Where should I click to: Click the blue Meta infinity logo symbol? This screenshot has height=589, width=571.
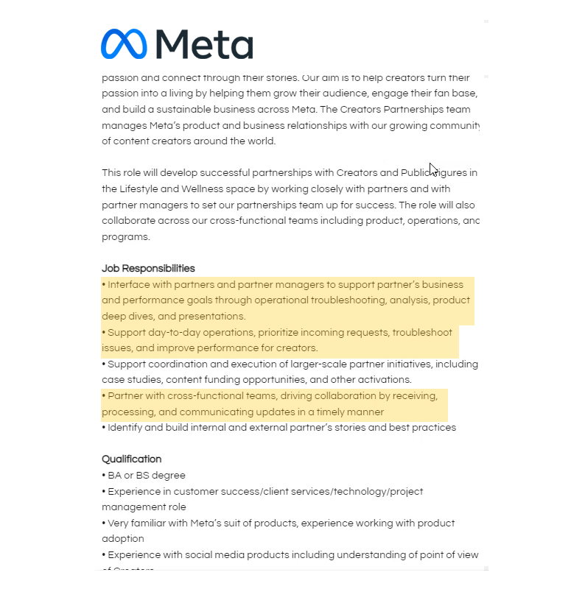125,44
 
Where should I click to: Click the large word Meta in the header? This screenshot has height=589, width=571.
204,44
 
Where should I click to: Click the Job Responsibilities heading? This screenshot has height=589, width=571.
148,268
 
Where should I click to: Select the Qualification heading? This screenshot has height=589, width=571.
131,459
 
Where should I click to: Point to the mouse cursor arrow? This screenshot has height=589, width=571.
433,169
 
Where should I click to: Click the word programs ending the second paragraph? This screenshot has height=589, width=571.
125,236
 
